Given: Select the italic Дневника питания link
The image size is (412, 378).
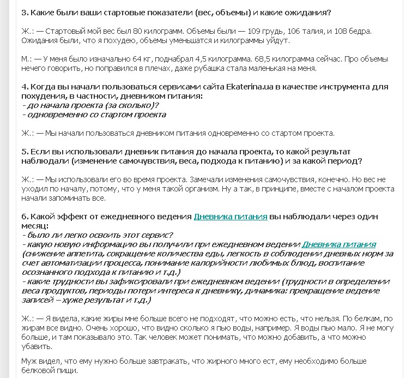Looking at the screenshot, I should tap(338, 244).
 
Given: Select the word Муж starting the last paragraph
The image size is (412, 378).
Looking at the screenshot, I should tap(29, 362).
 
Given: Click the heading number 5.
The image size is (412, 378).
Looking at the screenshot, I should tap(25, 152).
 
